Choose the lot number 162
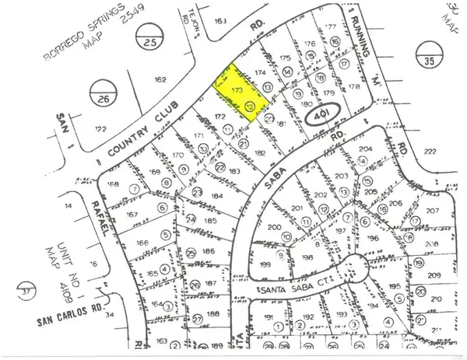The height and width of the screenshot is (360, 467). coord(161,79)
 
